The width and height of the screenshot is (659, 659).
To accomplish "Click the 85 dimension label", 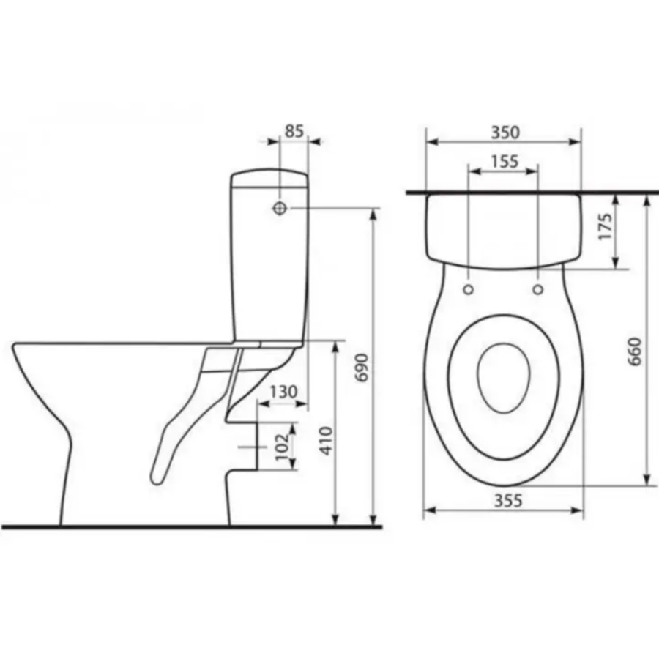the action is click(x=294, y=131).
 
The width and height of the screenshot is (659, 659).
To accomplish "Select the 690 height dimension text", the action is click(x=362, y=367).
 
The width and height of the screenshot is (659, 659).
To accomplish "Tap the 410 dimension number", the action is click(x=326, y=441).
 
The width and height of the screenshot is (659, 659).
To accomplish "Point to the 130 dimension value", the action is click(x=283, y=392).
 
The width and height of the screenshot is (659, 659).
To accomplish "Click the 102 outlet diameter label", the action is click(x=283, y=447).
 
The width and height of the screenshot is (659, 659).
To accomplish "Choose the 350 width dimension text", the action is click(x=505, y=133).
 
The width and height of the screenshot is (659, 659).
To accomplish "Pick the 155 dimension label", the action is click(x=505, y=161).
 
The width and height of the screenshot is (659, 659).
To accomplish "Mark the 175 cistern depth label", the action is click(x=606, y=226).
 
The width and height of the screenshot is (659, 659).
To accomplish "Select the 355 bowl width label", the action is click(x=507, y=501).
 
